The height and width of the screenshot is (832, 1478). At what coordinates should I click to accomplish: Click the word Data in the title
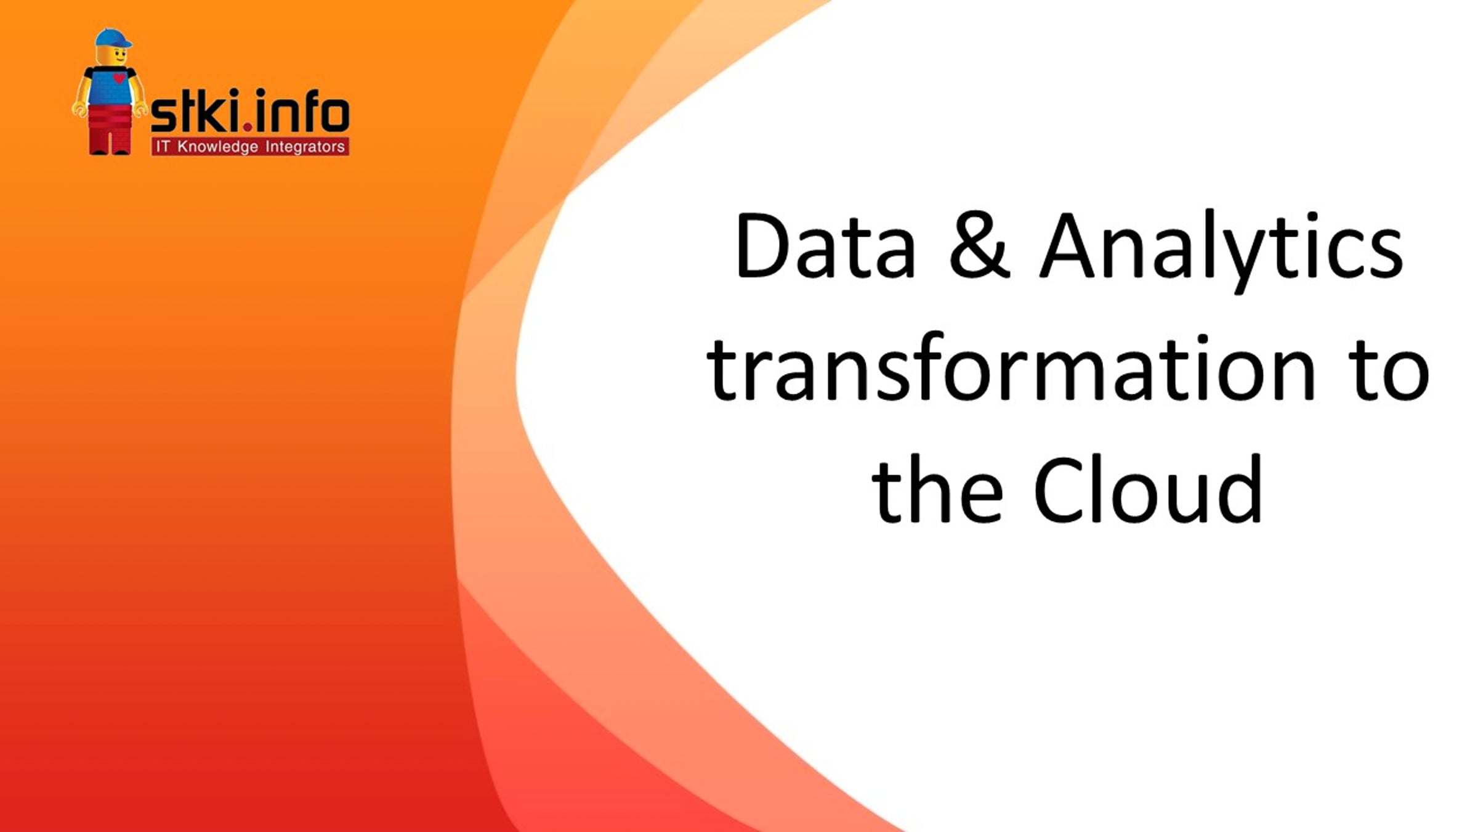(x=826, y=246)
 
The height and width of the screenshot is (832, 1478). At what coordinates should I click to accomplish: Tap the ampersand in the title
(x=979, y=245)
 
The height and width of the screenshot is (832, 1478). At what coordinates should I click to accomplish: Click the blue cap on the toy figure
(x=113, y=39)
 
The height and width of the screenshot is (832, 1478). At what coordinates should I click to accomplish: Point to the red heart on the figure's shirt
(x=119, y=79)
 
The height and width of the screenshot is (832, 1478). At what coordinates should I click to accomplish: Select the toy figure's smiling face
(x=112, y=56)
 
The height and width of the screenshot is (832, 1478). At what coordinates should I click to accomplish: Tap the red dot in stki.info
(x=248, y=127)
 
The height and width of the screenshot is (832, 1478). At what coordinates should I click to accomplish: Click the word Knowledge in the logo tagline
(x=217, y=147)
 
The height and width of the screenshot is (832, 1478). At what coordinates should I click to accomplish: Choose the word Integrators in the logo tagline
(x=305, y=147)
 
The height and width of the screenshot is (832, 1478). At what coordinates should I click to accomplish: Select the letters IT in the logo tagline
(x=163, y=147)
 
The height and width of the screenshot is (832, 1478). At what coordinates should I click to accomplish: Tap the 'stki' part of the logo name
(x=196, y=110)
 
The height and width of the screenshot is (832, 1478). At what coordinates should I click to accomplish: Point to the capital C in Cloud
(x=1060, y=490)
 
